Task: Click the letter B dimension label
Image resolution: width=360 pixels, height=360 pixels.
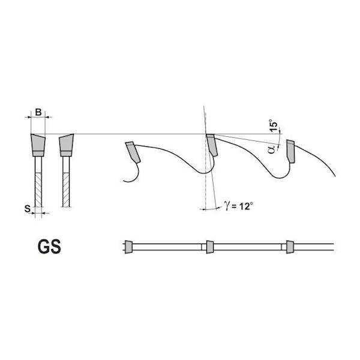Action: tap(38, 112)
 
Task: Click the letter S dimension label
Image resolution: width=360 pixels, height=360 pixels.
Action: tap(28, 209)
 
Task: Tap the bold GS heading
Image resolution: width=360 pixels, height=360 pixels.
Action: tap(49, 247)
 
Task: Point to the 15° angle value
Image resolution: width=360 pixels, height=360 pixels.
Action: tap(274, 125)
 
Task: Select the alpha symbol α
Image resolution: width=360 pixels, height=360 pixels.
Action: tap(272, 149)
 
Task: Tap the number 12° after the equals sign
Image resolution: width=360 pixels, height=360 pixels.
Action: tap(246, 206)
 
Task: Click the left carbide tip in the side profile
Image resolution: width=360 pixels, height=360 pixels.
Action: tap(133, 152)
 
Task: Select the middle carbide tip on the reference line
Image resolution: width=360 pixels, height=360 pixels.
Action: tap(212, 145)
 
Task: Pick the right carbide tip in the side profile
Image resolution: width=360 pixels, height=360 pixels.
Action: tap(290, 151)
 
